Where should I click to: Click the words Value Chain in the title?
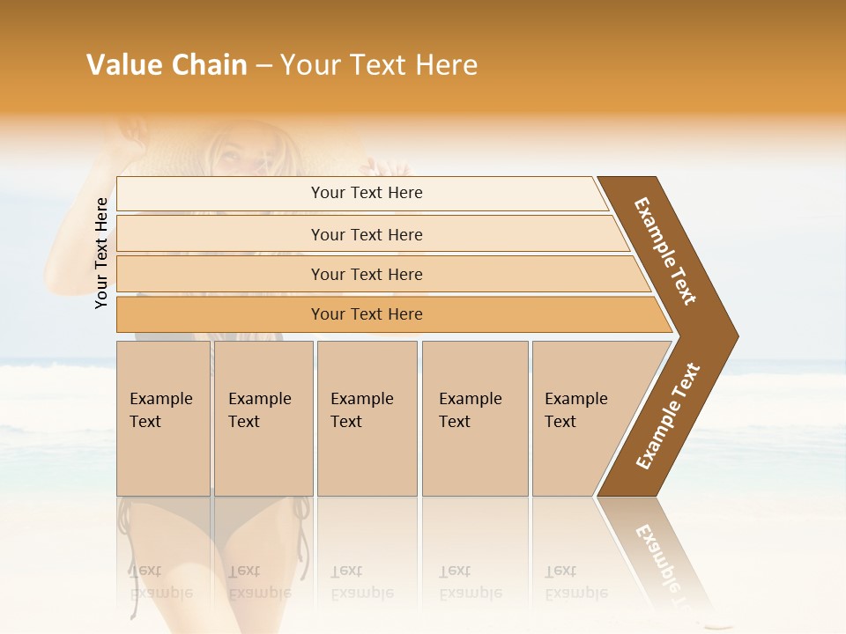(167, 65)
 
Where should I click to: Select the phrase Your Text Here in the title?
(379, 65)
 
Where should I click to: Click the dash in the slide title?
(263, 65)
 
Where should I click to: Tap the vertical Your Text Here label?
(101, 253)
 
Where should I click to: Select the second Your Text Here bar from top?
(366, 234)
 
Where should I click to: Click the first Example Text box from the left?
(163, 418)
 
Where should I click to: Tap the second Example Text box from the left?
(263, 418)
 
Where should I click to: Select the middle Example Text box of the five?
(367, 418)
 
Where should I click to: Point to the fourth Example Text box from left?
(475, 418)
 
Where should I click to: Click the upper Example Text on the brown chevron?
(665, 251)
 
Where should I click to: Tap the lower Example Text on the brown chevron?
(668, 417)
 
